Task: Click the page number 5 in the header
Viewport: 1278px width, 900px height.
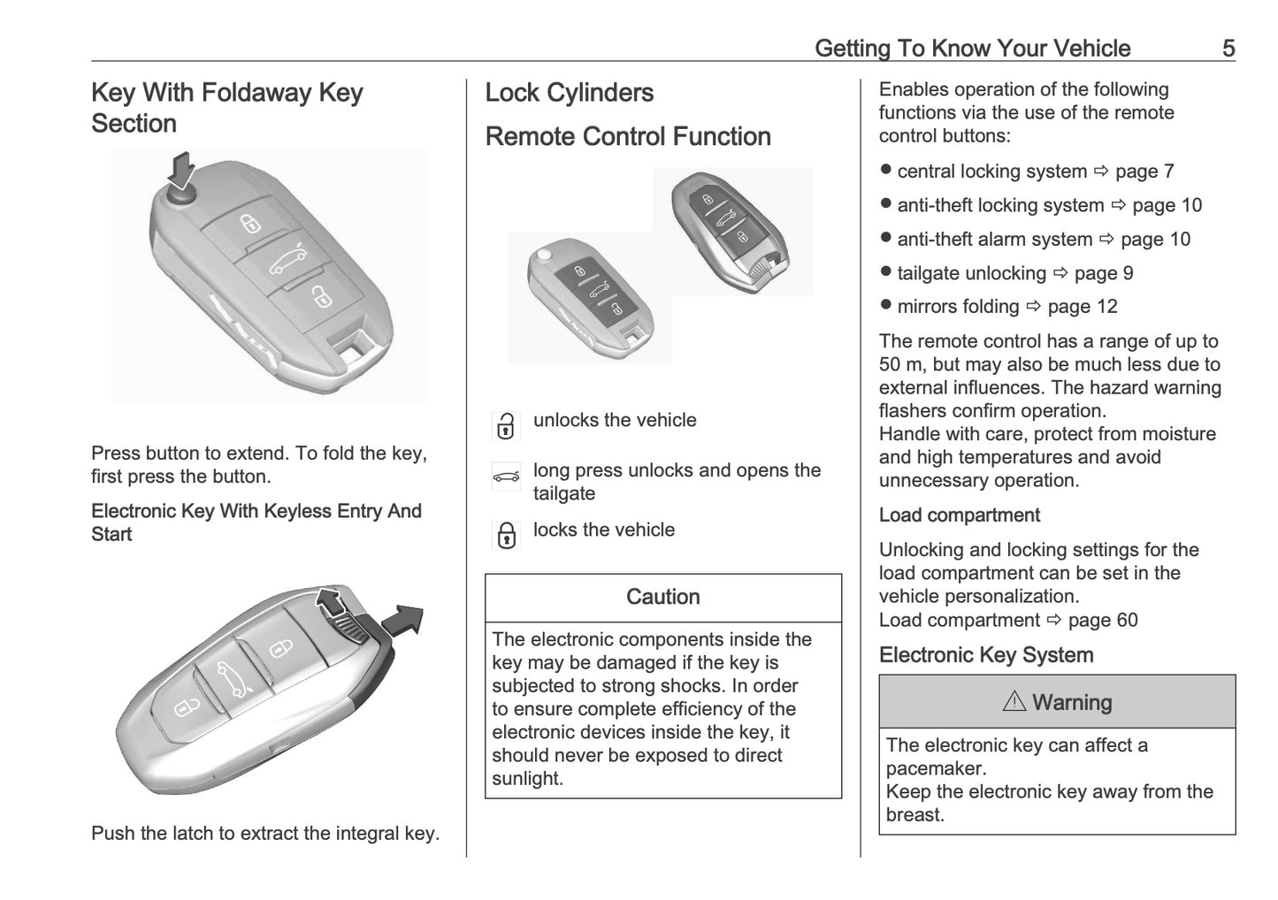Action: click(x=1228, y=49)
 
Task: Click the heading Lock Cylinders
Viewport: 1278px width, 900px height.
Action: click(x=569, y=93)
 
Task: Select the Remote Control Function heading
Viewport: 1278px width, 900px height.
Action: click(x=628, y=137)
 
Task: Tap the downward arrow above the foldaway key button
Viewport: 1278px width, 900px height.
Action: click(x=182, y=168)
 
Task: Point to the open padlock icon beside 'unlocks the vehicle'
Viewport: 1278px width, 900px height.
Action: click(x=506, y=426)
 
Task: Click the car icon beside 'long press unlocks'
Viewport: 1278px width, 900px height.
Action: click(x=506, y=477)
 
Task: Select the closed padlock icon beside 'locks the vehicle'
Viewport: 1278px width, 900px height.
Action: click(x=506, y=536)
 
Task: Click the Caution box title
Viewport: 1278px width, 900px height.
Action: click(x=662, y=598)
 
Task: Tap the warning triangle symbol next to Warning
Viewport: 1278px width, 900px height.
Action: click(x=1014, y=702)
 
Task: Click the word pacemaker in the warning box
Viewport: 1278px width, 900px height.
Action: click(x=923, y=768)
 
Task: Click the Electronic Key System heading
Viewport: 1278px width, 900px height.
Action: click(x=985, y=655)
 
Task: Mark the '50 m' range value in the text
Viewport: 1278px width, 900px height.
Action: click(x=902, y=365)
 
